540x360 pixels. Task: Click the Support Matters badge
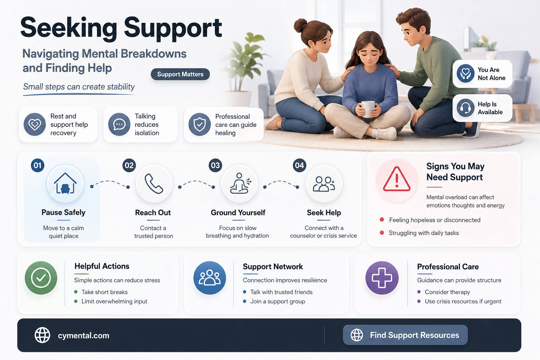[x=180, y=74]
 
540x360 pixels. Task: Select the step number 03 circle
[x=215, y=166]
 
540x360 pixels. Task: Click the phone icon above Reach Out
[x=154, y=184]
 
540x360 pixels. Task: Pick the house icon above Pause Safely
[x=65, y=184]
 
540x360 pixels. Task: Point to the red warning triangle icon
[x=397, y=179]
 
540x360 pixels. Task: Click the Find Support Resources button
[x=405, y=335]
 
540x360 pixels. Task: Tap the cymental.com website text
[x=84, y=335]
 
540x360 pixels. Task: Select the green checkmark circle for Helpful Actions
[x=41, y=278]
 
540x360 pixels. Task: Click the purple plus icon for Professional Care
[x=382, y=278]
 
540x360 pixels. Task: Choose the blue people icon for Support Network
[x=210, y=278]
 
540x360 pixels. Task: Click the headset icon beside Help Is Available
[x=465, y=108]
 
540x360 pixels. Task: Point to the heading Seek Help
[x=324, y=213]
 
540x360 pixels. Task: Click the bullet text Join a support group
[x=278, y=301]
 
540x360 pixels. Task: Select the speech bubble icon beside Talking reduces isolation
[x=119, y=124]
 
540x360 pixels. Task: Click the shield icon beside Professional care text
[x=200, y=124]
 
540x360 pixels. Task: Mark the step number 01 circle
[x=38, y=166]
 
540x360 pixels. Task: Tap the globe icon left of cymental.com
[x=42, y=335]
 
